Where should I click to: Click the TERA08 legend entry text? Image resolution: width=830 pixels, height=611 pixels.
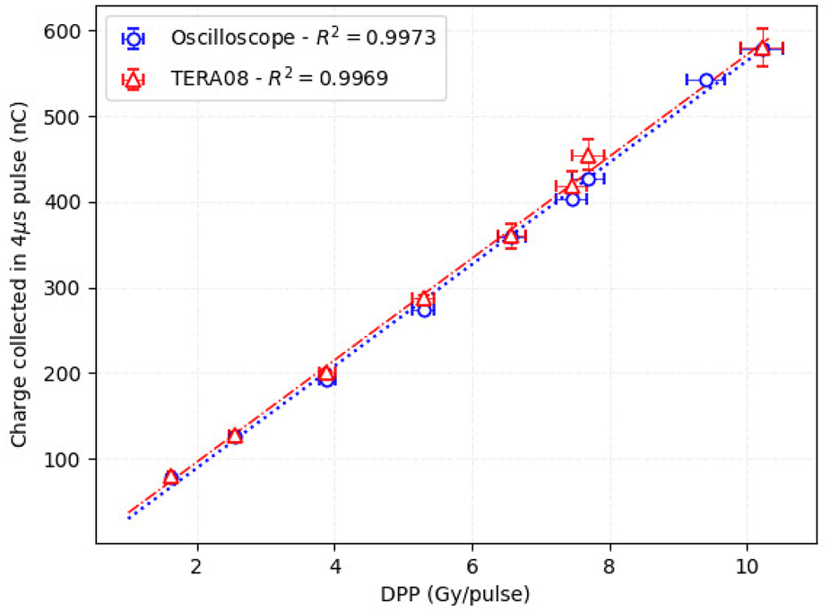(279, 80)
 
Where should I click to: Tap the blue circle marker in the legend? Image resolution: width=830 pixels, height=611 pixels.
(133, 38)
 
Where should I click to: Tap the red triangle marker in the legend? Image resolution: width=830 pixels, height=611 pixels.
(133, 81)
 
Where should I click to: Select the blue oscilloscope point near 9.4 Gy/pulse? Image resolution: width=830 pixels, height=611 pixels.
(706, 81)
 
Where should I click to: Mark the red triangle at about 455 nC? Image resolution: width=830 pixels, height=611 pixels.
(588, 156)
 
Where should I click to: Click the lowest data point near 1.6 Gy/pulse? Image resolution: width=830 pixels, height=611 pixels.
(171, 478)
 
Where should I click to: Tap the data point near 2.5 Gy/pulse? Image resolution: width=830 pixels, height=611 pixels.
(235, 436)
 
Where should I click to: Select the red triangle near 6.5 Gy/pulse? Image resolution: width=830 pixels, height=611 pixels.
(511, 236)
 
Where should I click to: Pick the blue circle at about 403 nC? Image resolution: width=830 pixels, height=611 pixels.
(573, 199)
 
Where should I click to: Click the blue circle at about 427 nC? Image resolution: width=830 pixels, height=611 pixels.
(589, 179)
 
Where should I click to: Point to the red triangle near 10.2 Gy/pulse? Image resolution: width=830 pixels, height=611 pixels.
(762, 47)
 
